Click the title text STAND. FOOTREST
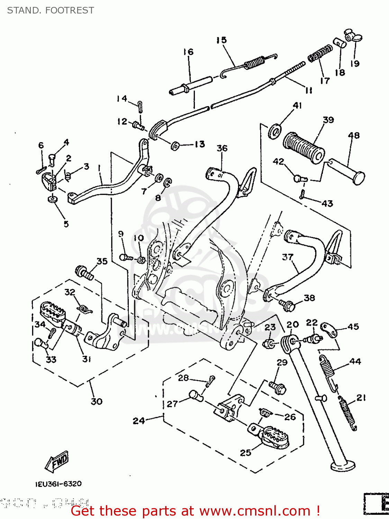click(51, 10)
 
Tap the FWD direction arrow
click(57, 462)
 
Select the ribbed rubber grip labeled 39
click(304, 148)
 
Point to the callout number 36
click(222, 148)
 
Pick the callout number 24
click(138, 420)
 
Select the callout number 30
click(97, 401)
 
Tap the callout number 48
click(354, 135)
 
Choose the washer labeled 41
click(275, 131)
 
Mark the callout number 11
click(309, 90)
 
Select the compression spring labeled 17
click(320, 54)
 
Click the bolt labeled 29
click(277, 386)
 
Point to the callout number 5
click(66, 224)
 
